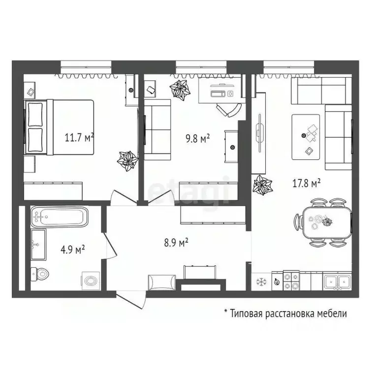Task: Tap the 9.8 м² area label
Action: [x=197, y=138]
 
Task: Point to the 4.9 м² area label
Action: [x=73, y=249]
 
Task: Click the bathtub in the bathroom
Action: [x=59, y=217]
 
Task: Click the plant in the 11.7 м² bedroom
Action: [x=127, y=159]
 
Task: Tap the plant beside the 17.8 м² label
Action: [x=262, y=186]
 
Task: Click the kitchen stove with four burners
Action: [x=290, y=281]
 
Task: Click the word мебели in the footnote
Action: [x=332, y=313]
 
